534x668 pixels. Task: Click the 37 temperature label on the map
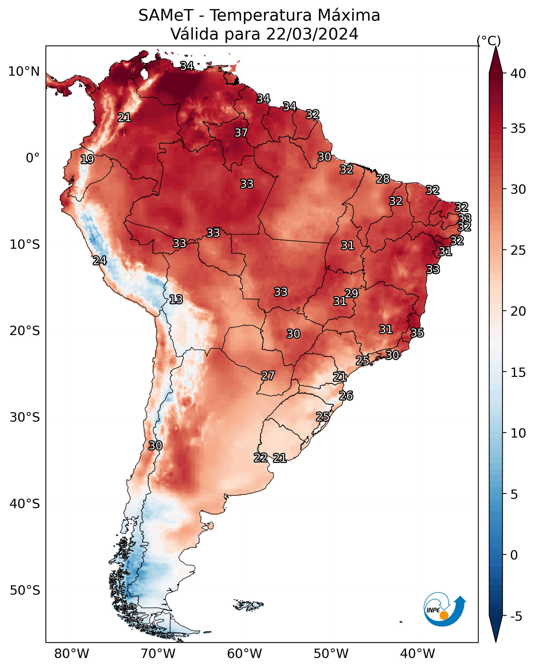(x=241, y=133)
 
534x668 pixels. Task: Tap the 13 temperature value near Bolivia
(x=176, y=299)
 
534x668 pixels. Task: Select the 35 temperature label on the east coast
(x=417, y=333)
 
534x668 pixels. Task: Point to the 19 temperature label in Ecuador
(x=87, y=159)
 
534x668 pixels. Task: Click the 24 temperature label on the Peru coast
(x=99, y=261)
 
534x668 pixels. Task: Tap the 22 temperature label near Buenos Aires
(x=261, y=458)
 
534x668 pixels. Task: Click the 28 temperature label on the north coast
(x=383, y=179)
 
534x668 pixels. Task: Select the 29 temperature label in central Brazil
(x=351, y=293)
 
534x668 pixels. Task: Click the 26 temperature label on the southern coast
(x=346, y=396)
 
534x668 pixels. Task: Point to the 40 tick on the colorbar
(x=518, y=74)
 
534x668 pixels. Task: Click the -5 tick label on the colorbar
(x=516, y=617)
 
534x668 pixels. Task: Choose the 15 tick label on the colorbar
(x=518, y=372)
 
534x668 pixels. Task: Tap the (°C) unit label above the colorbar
(x=489, y=41)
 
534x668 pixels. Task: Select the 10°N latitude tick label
(x=24, y=72)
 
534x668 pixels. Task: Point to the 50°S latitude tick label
(x=25, y=591)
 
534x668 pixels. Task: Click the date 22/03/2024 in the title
(x=312, y=34)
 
